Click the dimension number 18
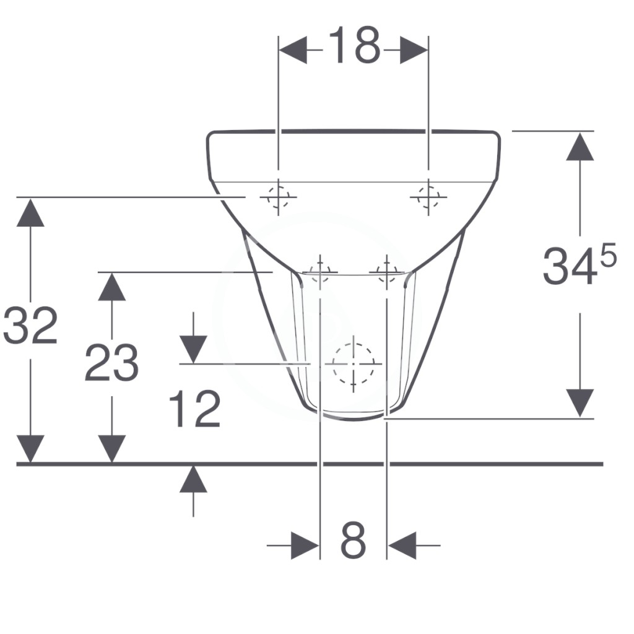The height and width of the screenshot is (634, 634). click(x=354, y=45)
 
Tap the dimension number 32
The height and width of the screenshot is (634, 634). click(x=30, y=326)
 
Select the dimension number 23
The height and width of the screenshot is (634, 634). click(x=111, y=363)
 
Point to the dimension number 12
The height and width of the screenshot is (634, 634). click(x=195, y=409)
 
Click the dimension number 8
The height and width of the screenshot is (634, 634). click(x=353, y=540)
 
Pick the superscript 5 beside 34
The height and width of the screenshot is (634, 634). click(x=608, y=254)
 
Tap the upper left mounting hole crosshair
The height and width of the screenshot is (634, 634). click(x=278, y=198)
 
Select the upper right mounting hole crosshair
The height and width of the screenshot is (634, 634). click(x=428, y=198)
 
